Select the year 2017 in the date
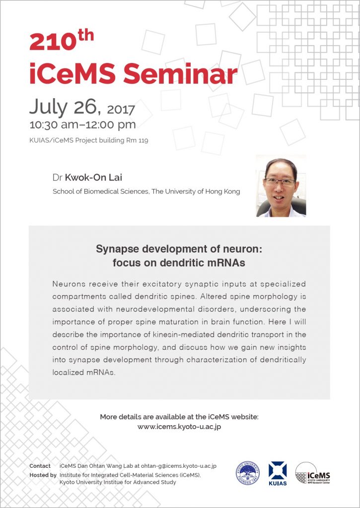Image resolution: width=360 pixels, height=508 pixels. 121,110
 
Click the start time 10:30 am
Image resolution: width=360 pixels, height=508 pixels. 54,125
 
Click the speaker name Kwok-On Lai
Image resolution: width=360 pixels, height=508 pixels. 93,178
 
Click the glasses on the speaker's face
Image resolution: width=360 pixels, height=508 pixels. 279,182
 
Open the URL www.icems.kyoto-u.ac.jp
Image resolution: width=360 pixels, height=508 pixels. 179,427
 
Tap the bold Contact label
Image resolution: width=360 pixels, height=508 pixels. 40,466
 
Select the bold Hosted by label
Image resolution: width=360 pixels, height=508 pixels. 43,475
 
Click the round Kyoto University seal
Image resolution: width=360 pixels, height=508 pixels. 247,473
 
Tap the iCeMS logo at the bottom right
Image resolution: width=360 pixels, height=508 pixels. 313,473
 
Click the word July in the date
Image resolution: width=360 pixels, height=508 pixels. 48,107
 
